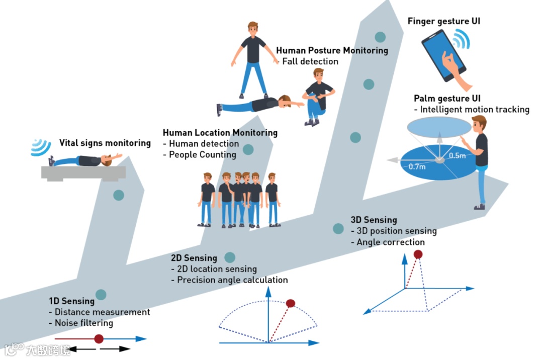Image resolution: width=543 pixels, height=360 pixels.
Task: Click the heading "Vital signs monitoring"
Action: (x=105, y=143)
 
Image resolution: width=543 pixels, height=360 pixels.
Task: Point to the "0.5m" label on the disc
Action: (x=457, y=155)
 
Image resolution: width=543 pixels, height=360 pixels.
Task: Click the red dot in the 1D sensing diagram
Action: (x=99, y=338)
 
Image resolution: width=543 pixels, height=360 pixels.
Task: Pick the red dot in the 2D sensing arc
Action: (x=290, y=303)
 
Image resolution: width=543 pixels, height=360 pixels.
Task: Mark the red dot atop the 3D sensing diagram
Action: (x=417, y=255)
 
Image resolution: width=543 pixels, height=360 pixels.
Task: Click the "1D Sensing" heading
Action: (x=71, y=301)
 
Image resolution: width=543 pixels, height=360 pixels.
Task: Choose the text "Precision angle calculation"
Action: (x=232, y=280)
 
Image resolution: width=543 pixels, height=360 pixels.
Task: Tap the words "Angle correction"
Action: (x=390, y=242)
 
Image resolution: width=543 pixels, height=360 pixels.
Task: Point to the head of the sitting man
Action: (x=318, y=74)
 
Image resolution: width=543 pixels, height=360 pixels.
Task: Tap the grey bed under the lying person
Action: (x=83, y=172)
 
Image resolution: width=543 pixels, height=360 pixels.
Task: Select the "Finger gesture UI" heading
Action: (x=444, y=22)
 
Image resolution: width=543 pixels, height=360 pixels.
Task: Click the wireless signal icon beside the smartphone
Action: (x=461, y=39)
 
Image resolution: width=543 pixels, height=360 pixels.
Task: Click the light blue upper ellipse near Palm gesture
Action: (x=435, y=126)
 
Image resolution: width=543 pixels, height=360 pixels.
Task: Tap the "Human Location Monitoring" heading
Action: (x=220, y=133)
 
